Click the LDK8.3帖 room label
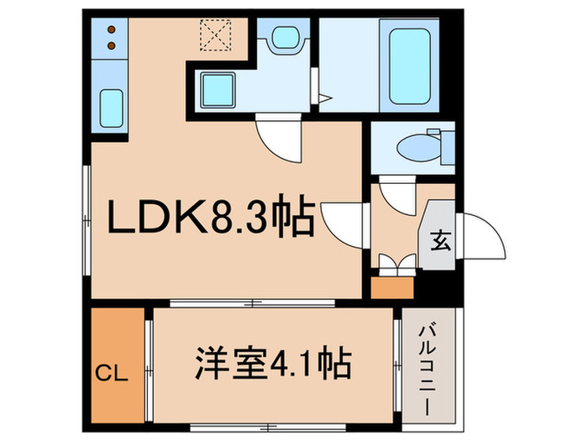(x=210, y=222)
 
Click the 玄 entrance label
(x=438, y=241)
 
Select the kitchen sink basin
(x=112, y=106)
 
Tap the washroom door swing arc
(x=277, y=136)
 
